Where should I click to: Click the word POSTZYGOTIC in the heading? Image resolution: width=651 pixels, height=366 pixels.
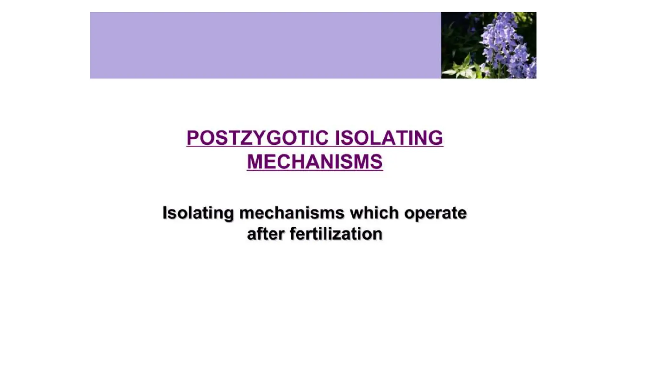(257, 138)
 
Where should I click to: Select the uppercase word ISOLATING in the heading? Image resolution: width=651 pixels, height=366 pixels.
(389, 138)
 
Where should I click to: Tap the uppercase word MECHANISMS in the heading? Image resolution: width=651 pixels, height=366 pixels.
(315, 162)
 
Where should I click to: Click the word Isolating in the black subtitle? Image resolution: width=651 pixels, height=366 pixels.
(198, 213)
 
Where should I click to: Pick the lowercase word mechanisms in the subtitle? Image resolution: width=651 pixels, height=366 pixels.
(291, 213)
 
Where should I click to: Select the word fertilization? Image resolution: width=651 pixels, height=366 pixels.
(336, 234)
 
